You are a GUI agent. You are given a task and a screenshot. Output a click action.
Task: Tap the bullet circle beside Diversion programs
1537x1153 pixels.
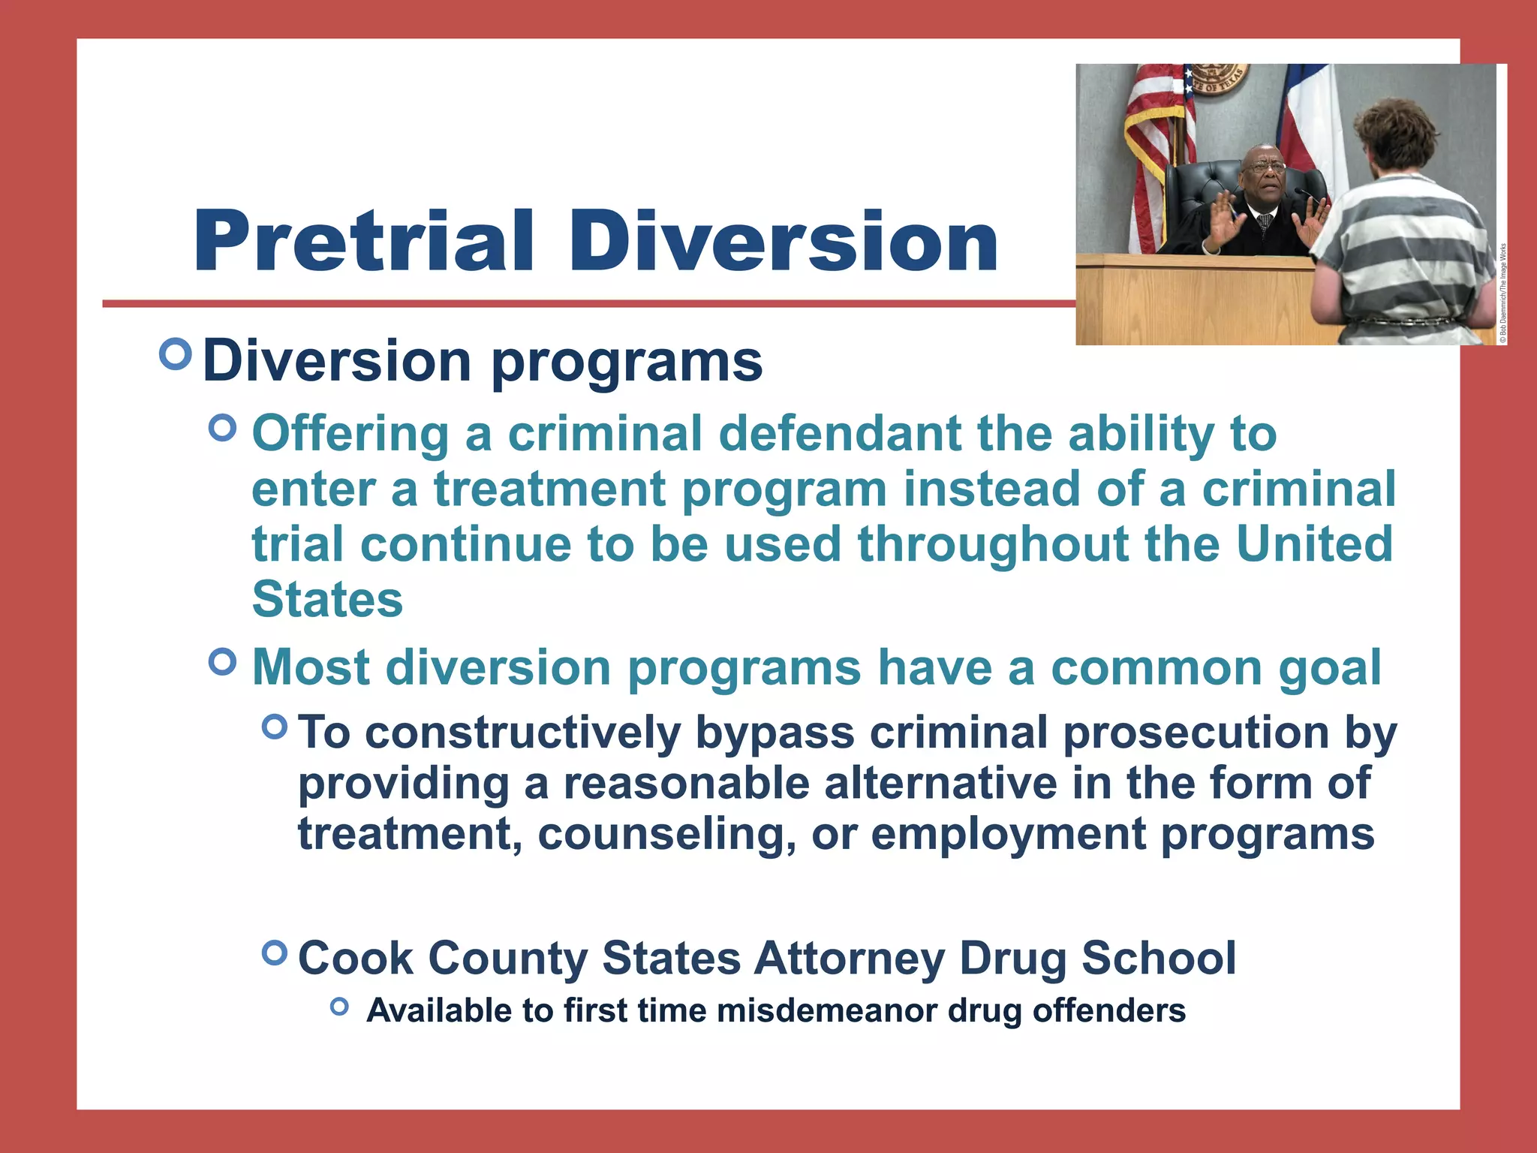(x=176, y=354)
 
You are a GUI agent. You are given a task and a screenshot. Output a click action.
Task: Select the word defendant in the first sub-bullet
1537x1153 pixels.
(x=840, y=434)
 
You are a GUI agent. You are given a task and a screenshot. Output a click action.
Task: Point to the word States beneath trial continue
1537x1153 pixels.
(x=327, y=599)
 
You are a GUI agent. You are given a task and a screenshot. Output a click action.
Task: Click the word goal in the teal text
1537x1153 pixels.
(x=1329, y=667)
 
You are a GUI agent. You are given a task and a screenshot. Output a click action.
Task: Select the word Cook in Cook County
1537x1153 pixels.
(x=355, y=958)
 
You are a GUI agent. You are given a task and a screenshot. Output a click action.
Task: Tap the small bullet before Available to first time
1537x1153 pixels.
(x=339, y=1007)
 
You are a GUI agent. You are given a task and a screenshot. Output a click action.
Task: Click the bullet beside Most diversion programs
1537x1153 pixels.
(x=223, y=662)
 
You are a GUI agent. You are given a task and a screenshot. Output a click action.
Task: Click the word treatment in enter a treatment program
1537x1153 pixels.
(x=549, y=489)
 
